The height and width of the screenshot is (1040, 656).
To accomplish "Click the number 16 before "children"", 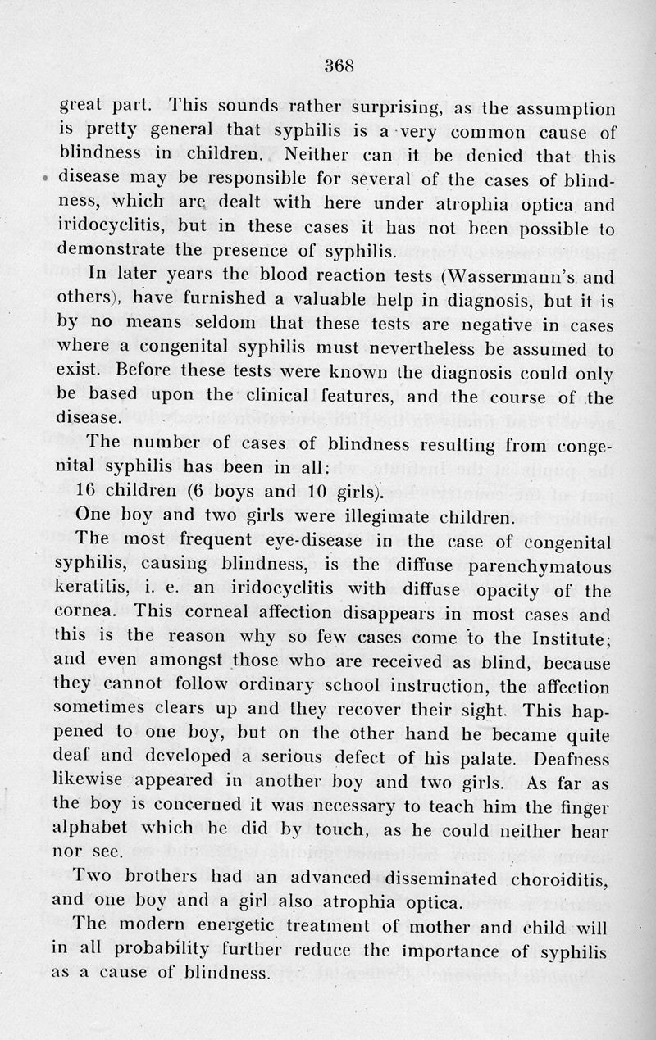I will tap(86, 493).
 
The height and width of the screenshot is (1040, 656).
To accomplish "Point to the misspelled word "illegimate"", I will tap(389, 516).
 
